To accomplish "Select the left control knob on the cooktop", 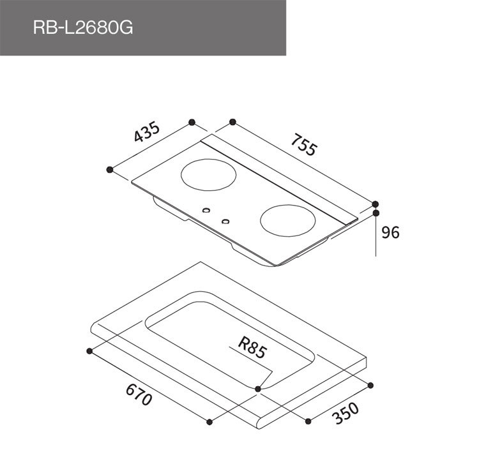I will point(206,211).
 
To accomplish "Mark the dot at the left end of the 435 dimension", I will point(110,169).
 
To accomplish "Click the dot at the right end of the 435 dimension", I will point(192,121).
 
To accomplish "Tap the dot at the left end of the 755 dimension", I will point(232,121).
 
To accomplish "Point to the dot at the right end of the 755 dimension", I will point(376,204).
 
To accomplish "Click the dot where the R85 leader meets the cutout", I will point(257,388).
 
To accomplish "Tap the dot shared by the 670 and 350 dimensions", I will point(209,420).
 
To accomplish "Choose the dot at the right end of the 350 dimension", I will point(372,384).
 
